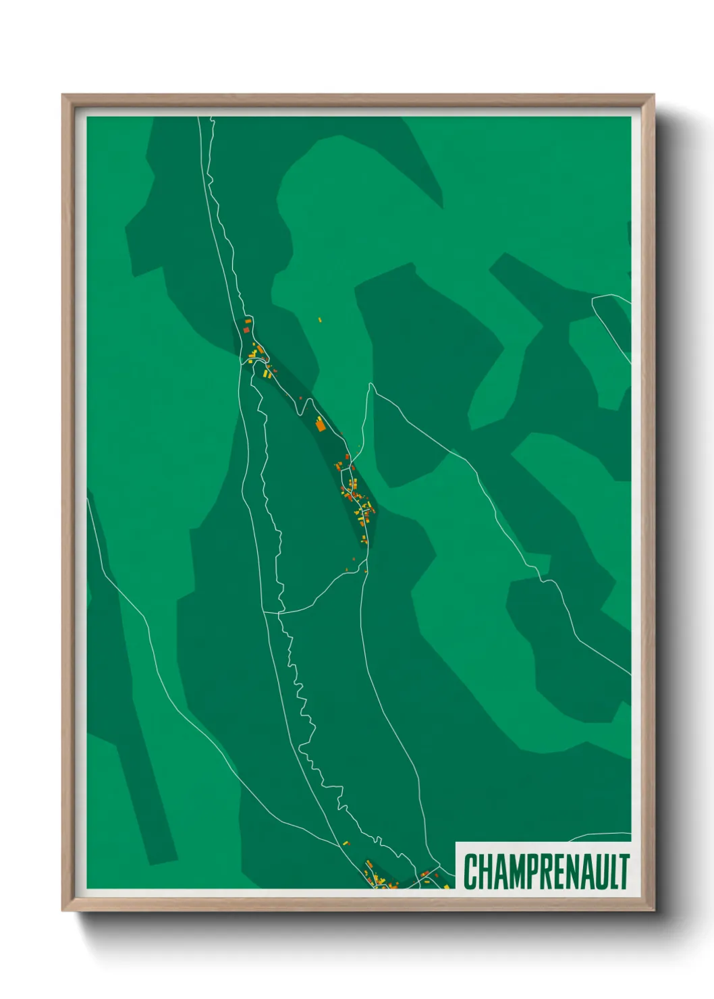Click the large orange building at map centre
pos(321,425)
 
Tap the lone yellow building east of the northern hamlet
pos(320,319)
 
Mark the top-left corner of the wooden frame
pos(63,96)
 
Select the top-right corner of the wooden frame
pos(653,96)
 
